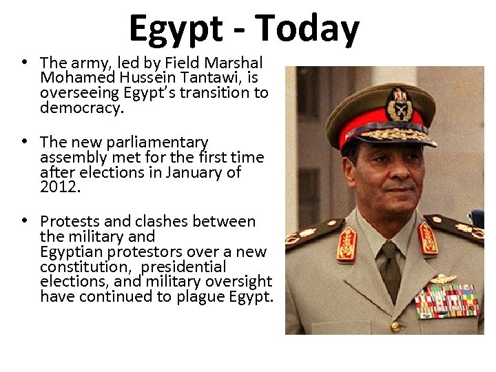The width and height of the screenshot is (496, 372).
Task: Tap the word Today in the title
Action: [x=307, y=29]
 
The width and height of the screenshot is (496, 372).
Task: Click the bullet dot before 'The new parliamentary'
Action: [x=24, y=141]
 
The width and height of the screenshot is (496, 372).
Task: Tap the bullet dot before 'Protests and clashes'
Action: [x=24, y=221]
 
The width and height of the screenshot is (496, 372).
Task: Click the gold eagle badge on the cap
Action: [x=400, y=103]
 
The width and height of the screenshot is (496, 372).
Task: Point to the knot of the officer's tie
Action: [x=389, y=249]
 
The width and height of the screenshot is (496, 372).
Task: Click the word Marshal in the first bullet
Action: [x=235, y=63]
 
